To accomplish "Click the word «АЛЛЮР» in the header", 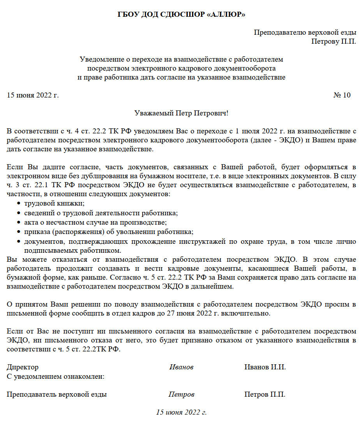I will pos(227,15).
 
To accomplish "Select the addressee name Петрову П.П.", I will pos(334,41).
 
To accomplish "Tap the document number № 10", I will pos(342,95).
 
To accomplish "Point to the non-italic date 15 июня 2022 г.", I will pos(33,95).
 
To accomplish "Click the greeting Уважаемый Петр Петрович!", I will pos(181,113).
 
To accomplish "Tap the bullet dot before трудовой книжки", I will pos(19,204).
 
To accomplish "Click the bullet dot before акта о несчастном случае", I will pos(19,222).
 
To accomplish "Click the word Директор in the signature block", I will pos(23,367).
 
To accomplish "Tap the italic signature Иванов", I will pos(181,367).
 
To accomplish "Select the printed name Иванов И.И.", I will pos(265,367).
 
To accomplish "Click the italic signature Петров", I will pos(181,394).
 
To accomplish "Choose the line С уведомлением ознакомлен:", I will pos(55,376).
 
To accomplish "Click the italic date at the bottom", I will pos(181,412).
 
